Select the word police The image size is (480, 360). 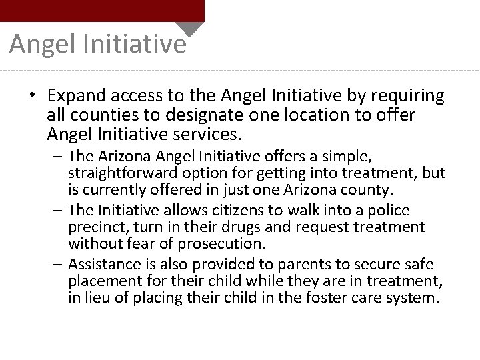[389, 211]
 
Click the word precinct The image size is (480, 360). [96, 227]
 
